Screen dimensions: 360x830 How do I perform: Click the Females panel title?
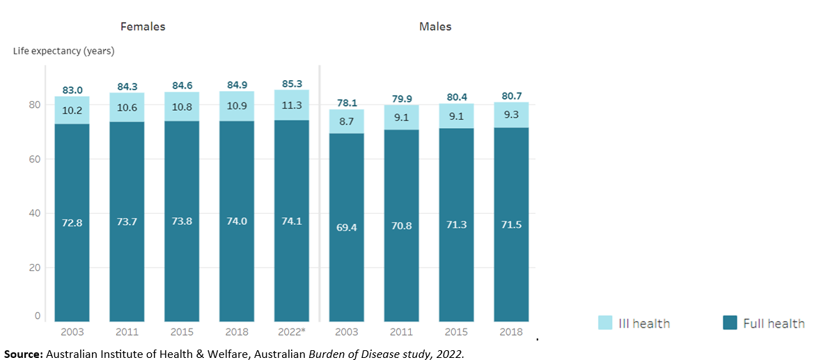[143, 26]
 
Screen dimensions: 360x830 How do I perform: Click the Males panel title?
[435, 26]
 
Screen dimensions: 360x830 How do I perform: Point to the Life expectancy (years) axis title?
[63, 51]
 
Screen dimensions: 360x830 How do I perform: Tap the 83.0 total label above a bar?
[72, 90]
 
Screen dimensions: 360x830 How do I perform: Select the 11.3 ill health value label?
[292, 106]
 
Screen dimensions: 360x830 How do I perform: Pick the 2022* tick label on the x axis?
[292, 332]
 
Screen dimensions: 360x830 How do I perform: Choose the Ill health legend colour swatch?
[606, 322]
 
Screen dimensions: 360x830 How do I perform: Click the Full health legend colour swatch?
[730, 322]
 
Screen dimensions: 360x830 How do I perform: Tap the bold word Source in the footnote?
[22, 354]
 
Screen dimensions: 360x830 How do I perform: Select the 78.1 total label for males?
[347, 103]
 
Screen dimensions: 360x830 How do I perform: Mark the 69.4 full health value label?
[347, 227]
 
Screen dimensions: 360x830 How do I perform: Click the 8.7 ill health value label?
[347, 121]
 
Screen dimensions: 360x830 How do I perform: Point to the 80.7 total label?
[512, 96]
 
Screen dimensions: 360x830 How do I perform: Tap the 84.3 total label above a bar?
[127, 86]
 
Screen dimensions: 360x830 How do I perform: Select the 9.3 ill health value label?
[512, 116]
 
